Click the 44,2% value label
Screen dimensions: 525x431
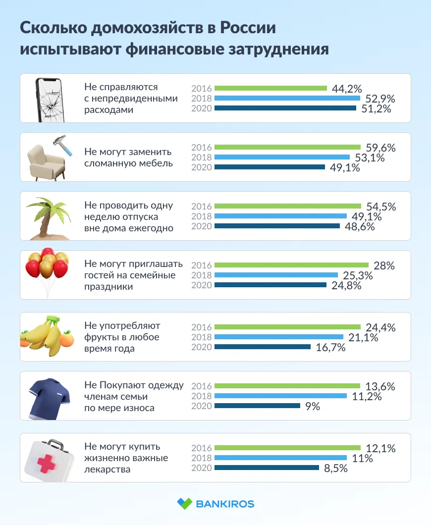tap(349, 89)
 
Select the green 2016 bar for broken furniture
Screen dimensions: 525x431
tap(287, 147)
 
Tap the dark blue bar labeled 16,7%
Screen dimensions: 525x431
tap(262, 347)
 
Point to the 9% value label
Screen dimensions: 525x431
tap(312, 406)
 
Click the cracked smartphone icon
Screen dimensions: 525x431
tap(51, 99)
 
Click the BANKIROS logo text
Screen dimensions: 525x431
tap(225, 504)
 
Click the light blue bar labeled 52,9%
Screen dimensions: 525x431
tap(287, 98)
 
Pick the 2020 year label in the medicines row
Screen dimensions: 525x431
tap(202, 468)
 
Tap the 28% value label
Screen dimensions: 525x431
tap(384, 265)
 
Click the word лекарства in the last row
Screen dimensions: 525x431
tap(108, 469)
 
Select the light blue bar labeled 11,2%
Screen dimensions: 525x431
tap(280, 396)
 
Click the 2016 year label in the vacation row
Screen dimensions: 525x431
tap(202, 206)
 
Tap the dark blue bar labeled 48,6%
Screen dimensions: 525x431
tap(277, 226)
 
